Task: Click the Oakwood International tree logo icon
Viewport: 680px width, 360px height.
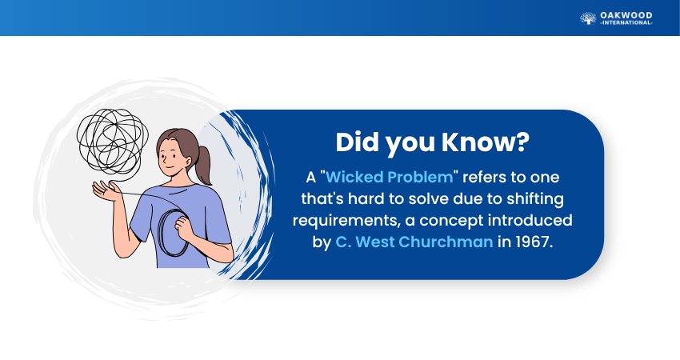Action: pyautogui.click(x=588, y=18)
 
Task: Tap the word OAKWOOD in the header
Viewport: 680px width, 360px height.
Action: pyautogui.click(x=626, y=16)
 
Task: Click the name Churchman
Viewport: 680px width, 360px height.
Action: pyautogui.click(x=446, y=242)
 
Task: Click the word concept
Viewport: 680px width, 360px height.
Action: pyautogui.click(x=451, y=220)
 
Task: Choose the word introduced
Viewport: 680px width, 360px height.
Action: pyautogui.click(x=530, y=220)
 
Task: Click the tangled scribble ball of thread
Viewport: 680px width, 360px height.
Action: pyautogui.click(x=112, y=141)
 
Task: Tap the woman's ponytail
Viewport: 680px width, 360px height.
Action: pyautogui.click(x=203, y=165)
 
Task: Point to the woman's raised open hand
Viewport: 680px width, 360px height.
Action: pyautogui.click(x=106, y=191)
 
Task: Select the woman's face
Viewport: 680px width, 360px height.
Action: pyautogui.click(x=171, y=156)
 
